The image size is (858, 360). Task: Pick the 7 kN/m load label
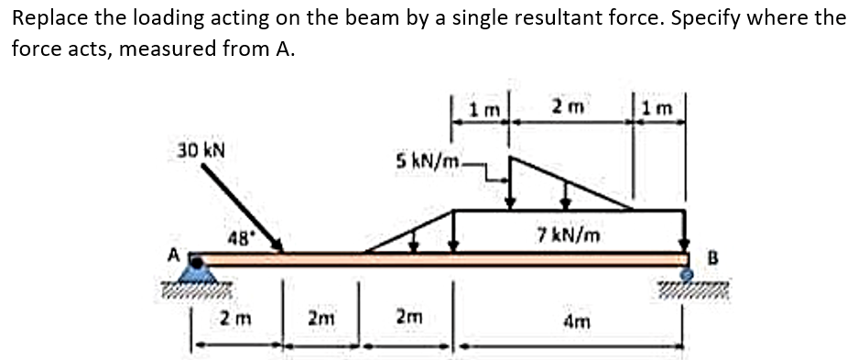569,235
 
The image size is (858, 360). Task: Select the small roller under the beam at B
685,272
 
